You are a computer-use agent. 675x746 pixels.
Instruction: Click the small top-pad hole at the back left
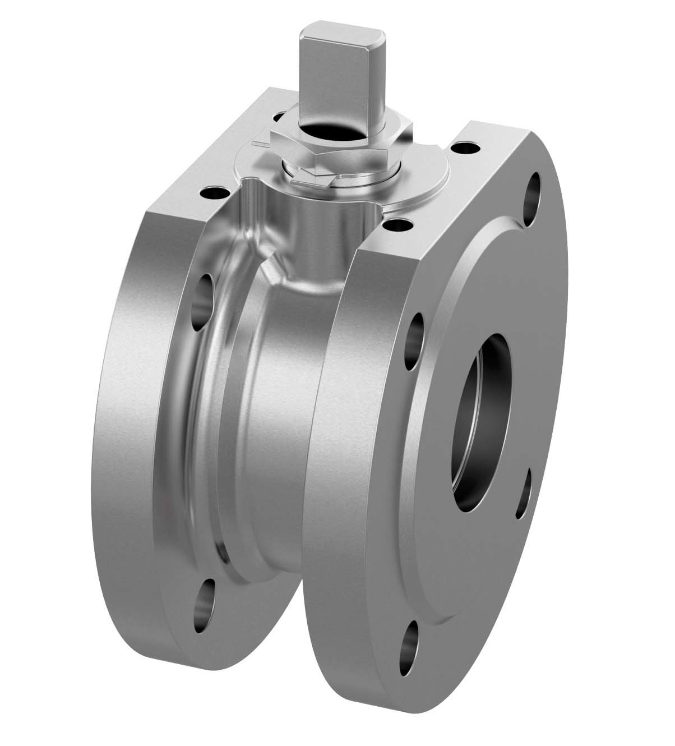click(x=279, y=114)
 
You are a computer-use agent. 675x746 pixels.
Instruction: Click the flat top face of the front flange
click(x=449, y=191)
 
